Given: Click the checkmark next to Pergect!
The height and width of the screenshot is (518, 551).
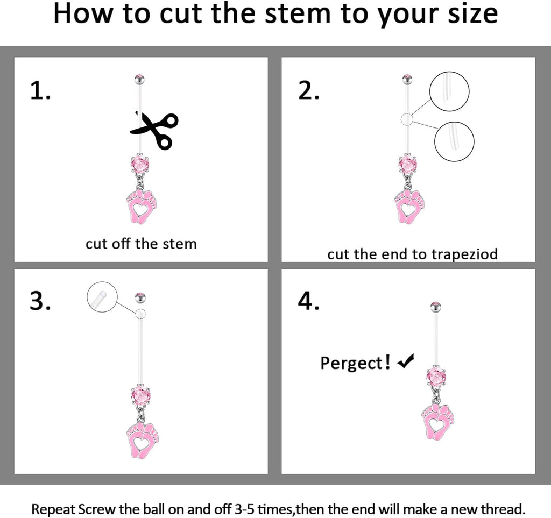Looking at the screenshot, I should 405,363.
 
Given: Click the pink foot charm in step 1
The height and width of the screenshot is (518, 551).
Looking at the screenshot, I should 142,206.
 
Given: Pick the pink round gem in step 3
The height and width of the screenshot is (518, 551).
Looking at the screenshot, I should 140,395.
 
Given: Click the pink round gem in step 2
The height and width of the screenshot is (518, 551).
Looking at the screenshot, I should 408,165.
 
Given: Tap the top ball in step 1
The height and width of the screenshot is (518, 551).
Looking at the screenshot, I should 139,80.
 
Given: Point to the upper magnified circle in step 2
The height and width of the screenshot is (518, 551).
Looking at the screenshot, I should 449,91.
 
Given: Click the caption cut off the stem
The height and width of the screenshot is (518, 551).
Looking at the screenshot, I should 141,244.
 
